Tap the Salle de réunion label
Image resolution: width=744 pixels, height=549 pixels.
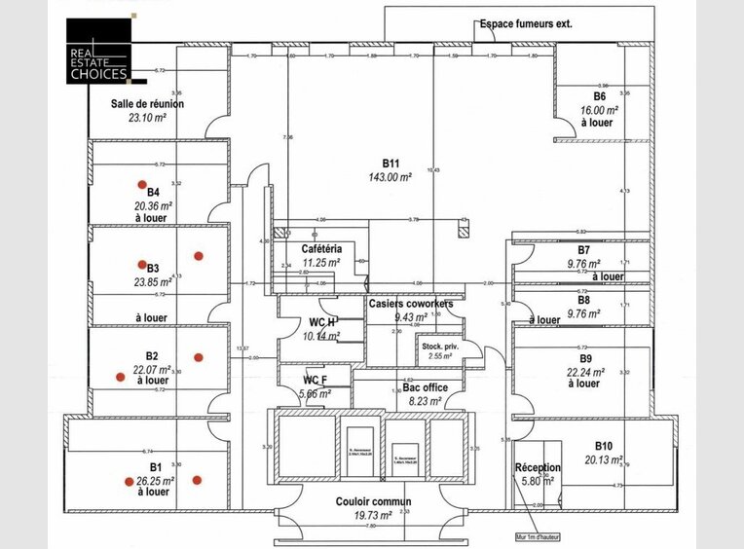148,103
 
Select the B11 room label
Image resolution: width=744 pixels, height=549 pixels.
391,164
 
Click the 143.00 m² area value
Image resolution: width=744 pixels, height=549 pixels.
391,177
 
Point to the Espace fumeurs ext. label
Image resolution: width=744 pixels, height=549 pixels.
525,23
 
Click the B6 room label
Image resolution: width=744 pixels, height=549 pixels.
599,97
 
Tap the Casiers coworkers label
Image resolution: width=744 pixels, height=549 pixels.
410,304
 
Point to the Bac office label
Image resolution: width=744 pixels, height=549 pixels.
425,387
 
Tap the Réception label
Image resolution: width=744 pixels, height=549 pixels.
538,468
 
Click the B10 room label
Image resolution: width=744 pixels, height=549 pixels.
603,447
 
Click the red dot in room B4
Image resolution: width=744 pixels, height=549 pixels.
141,184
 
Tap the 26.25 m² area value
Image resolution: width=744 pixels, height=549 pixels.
156,481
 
